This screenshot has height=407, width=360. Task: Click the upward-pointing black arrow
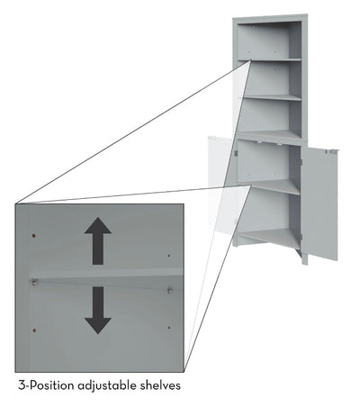coord(98,240)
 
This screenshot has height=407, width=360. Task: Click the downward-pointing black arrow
coord(98,311)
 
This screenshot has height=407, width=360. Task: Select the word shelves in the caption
coord(160,385)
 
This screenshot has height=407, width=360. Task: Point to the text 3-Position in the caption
coord(46,385)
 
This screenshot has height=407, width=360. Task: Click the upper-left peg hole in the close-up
coord(34,236)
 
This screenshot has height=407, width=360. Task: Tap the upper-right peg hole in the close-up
coord(169,256)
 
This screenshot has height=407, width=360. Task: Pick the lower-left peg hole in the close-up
coord(34,330)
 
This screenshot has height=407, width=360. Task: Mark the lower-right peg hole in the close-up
coord(169,328)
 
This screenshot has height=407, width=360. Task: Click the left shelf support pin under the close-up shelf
coord(34,282)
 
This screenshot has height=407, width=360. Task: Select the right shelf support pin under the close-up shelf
coord(170,290)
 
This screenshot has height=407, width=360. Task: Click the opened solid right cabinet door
coord(320,204)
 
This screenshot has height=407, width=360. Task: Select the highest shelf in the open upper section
coord(269,60)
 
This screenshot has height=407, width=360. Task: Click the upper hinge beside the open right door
coord(301,162)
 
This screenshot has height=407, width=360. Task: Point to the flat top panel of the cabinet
coord(270,18)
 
